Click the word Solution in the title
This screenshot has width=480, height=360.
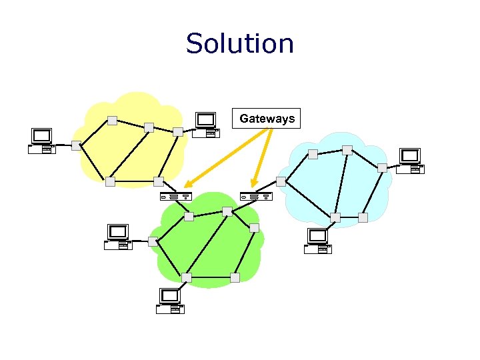(239, 43)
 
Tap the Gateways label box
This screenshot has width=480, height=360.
(267, 119)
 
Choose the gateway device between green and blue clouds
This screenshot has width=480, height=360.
(256, 197)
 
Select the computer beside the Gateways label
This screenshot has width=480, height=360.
(206, 125)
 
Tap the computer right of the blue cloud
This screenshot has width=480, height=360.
(409, 161)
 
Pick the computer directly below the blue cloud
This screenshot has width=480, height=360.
(317, 241)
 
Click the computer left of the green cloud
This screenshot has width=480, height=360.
(118, 237)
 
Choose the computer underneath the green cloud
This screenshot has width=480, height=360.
(170, 301)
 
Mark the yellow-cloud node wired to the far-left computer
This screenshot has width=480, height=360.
(77, 145)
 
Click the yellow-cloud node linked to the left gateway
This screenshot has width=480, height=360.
(158, 181)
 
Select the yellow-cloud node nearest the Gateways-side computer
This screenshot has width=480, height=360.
(177, 131)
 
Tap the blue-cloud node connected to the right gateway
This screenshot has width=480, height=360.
(281, 181)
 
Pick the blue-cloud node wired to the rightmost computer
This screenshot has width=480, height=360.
(382, 167)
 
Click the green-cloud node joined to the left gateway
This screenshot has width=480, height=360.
(189, 217)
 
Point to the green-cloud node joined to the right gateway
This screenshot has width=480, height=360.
(227, 211)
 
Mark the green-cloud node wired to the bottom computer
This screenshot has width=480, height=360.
(186, 277)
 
